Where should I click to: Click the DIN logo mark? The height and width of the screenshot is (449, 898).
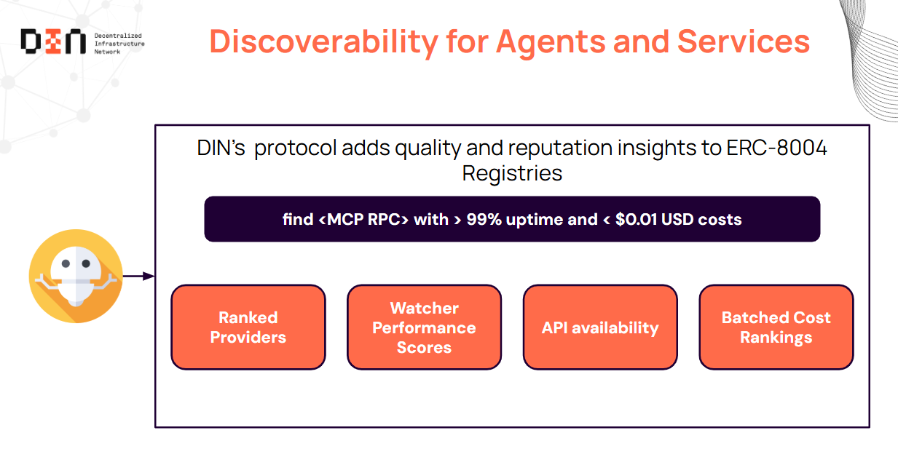click(53, 41)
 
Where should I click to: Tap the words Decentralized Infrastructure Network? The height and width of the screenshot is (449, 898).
click(119, 44)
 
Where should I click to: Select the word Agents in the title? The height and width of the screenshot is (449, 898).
click(551, 42)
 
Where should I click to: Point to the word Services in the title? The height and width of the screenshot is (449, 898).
click(744, 41)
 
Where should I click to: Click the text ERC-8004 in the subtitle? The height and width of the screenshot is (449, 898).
click(776, 148)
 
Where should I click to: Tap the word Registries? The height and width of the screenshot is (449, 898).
click(512, 174)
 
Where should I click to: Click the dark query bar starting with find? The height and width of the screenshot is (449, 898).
click(512, 219)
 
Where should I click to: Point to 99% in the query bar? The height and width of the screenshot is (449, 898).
click(484, 220)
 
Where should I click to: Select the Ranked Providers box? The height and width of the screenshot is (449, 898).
click(248, 327)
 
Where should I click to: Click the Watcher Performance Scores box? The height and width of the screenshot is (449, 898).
click(424, 327)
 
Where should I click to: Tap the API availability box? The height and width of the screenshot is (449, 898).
click(600, 327)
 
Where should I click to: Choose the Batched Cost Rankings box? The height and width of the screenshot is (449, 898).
click(776, 327)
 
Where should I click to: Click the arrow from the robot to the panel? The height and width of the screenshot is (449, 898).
click(138, 276)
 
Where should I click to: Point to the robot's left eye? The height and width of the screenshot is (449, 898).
click(66, 263)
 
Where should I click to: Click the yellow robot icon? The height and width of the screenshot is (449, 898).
click(76, 276)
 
